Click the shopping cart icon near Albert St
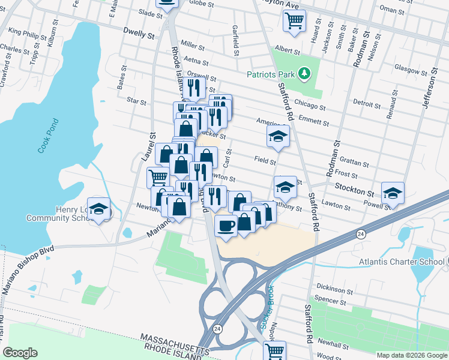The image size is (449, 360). pyautogui.click(x=294, y=21)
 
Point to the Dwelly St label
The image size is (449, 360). pyautogui.click(x=138, y=33)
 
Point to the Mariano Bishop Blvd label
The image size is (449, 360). pyautogui.click(x=27, y=268)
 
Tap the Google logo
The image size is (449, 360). pyautogui.click(x=19, y=353)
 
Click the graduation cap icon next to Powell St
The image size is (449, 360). pyautogui.click(x=393, y=192)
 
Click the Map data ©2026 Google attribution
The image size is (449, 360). pyautogui.click(x=411, y=355)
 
